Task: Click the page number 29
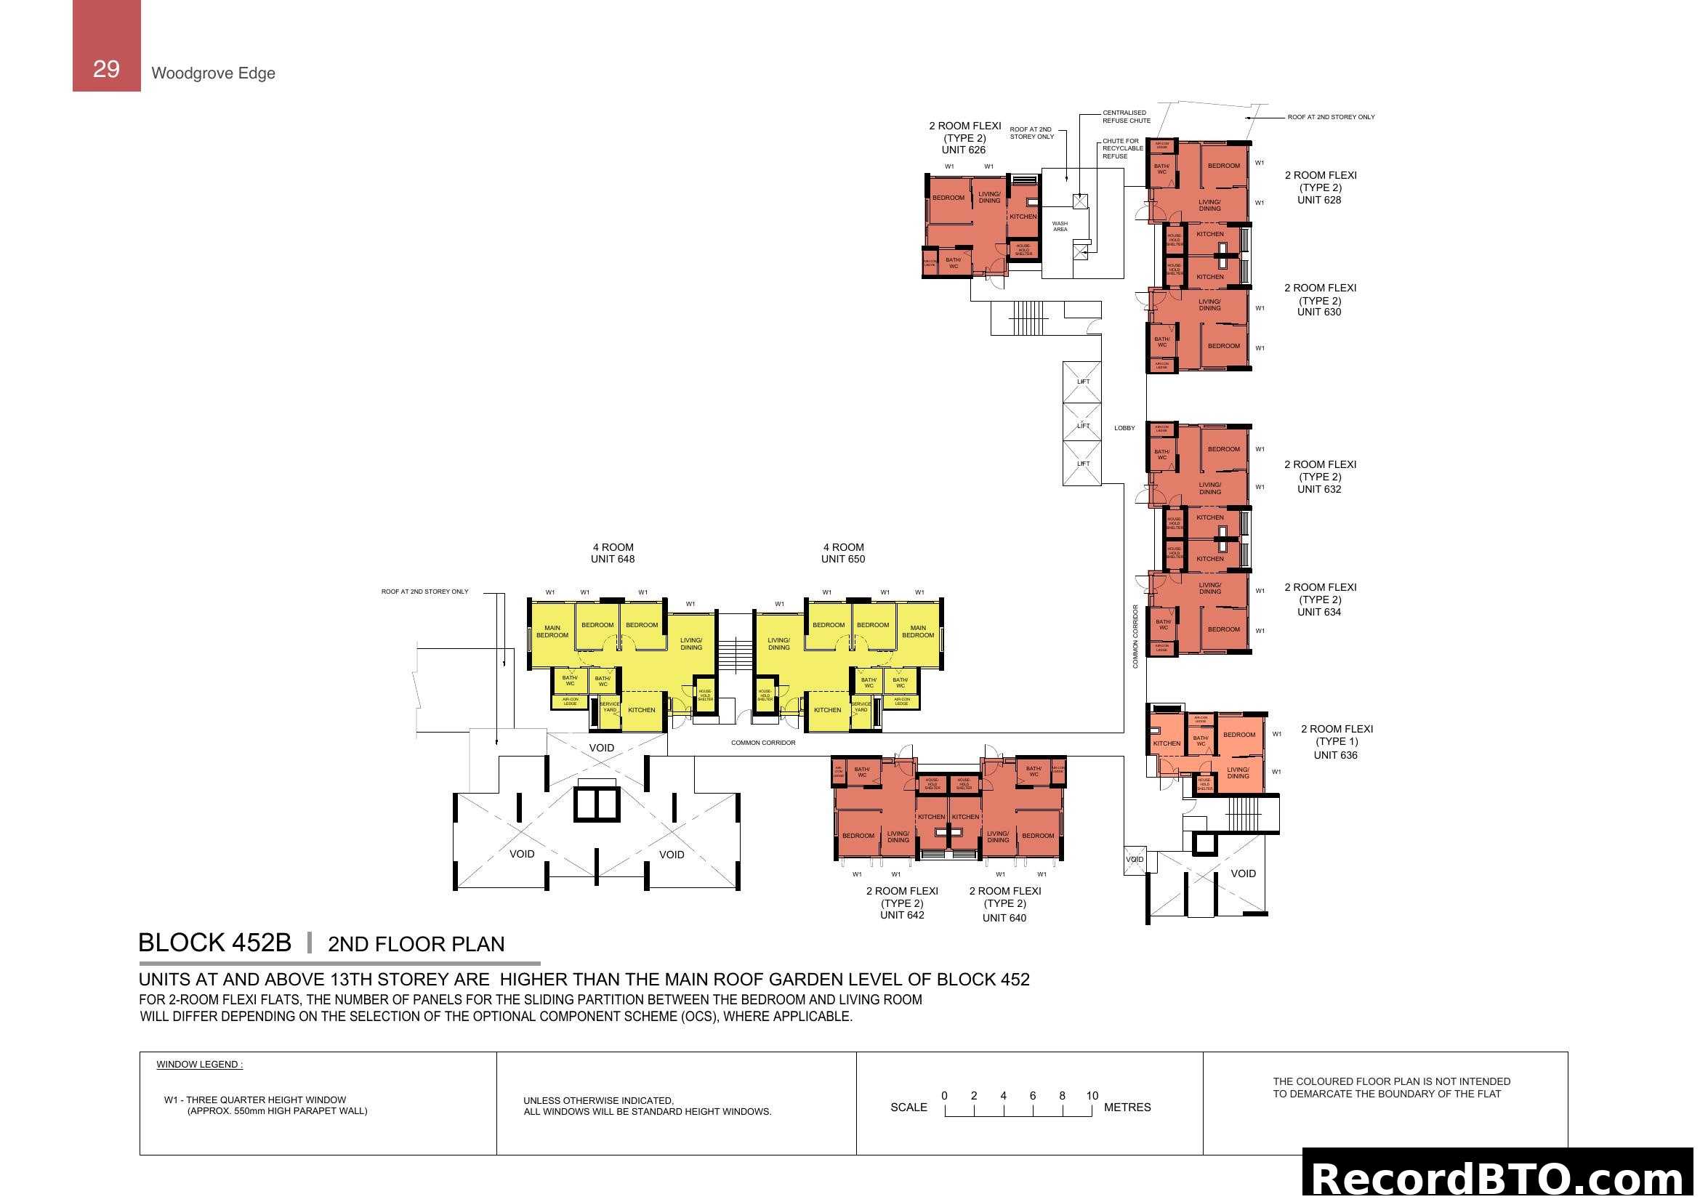click(x=106, y=69)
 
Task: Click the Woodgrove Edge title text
click(x=213, y=73)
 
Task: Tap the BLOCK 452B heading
click(x=214, y=943)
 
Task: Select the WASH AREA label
click(x=1060, y=227)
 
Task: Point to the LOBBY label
click(x=1124, y=428)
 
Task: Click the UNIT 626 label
click(x=963, y=150)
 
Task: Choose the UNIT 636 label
click(x=1335, y=755)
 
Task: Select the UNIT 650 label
click(x=842, y=559)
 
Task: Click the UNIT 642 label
click(x=902, y=915)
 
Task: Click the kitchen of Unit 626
click(x=1023, y=216)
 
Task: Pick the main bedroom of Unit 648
click(x=552, y=632)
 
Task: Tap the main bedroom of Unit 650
click(x=918, y=632)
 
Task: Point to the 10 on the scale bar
click(x=1092, y=1095)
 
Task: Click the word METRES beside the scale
click(x=1127, y=1108)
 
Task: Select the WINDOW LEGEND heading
click(x=199, y=1065)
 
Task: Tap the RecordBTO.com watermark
click(x=1500, y=1177)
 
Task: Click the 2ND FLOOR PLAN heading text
click(x=416, y=944)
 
